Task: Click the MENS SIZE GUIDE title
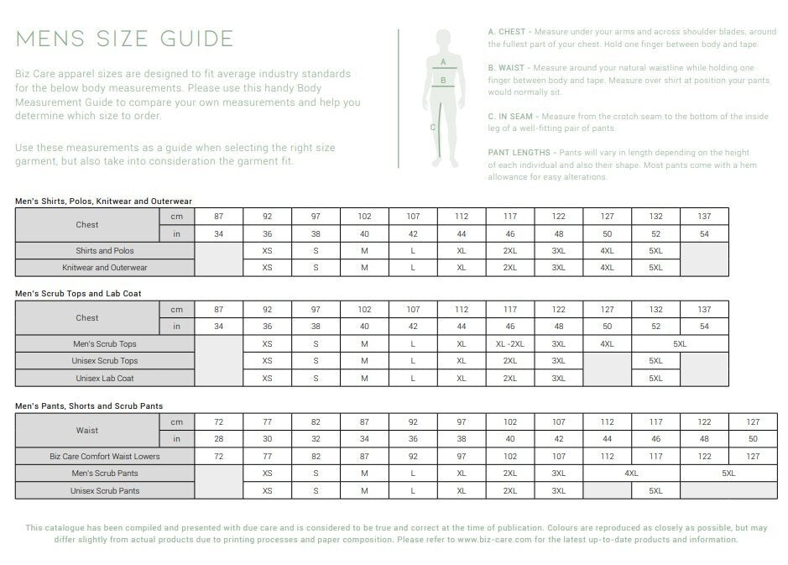point(124,39)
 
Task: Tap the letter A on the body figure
point(442,61)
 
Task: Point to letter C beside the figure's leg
point(433,128)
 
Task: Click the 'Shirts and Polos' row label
point(105,251)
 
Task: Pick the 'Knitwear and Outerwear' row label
point(105,268)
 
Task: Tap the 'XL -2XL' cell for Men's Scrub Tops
point(509,344)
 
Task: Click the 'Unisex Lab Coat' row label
point(105,379)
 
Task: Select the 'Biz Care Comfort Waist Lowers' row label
point(105,457)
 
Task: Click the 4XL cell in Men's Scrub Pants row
point(631,473)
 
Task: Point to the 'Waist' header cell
point(87,431)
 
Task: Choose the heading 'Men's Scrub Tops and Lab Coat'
point(78,294)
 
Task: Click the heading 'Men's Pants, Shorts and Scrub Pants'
point(89,406)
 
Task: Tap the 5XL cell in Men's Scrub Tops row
point(680,344)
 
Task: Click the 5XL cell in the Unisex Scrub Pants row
point(655,490)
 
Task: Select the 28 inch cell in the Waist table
point(219,439)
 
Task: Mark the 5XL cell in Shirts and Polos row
point(655,251)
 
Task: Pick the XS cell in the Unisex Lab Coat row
point(267,379)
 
